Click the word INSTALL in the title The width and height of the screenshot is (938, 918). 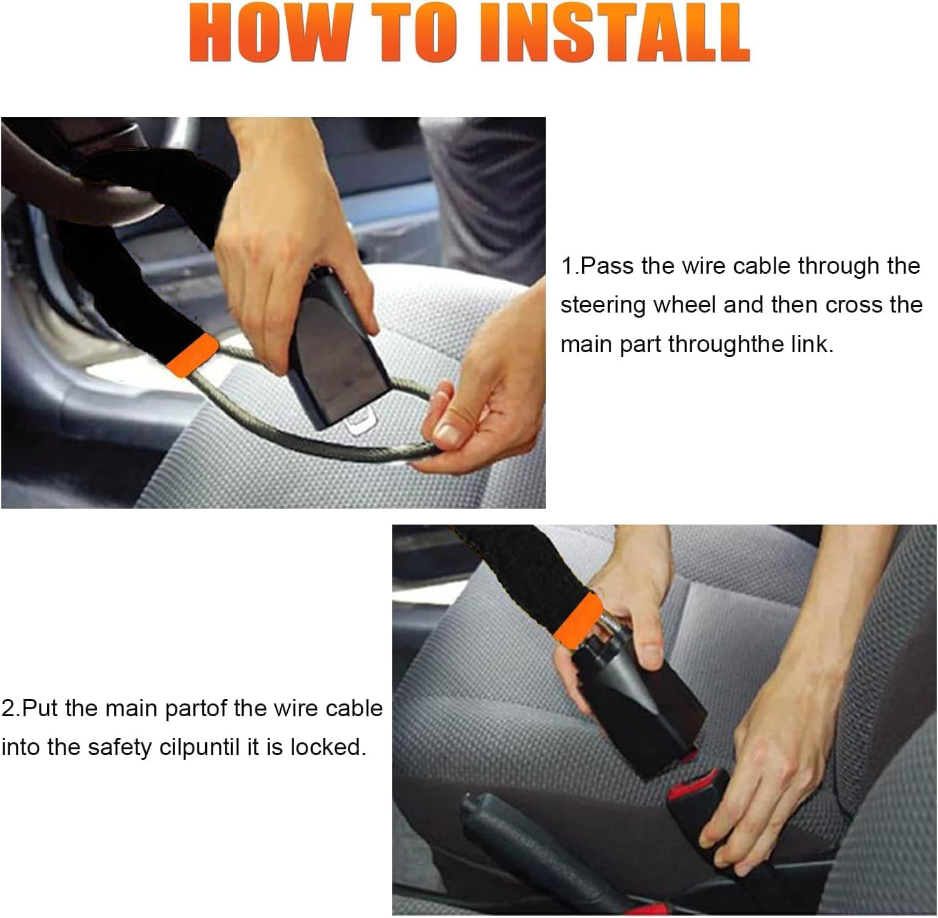(x=615, y=32)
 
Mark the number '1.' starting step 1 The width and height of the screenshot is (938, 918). (x=570, y=266)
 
